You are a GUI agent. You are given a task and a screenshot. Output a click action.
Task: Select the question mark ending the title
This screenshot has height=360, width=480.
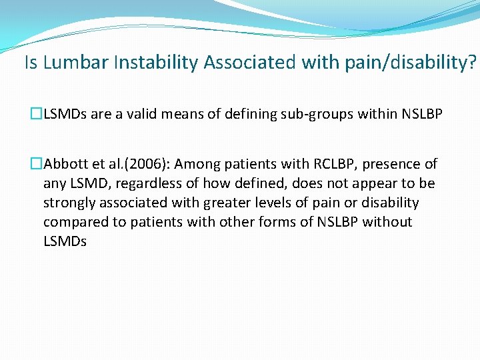tap(472, 63)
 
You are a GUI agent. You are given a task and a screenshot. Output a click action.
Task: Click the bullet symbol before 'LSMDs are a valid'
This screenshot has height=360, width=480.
tap(37, 114)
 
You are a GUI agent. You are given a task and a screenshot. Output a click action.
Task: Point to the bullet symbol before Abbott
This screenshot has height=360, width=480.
tap(37, 164)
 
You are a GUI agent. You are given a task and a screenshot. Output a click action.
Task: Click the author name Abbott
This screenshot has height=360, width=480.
tap(65, 164)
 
